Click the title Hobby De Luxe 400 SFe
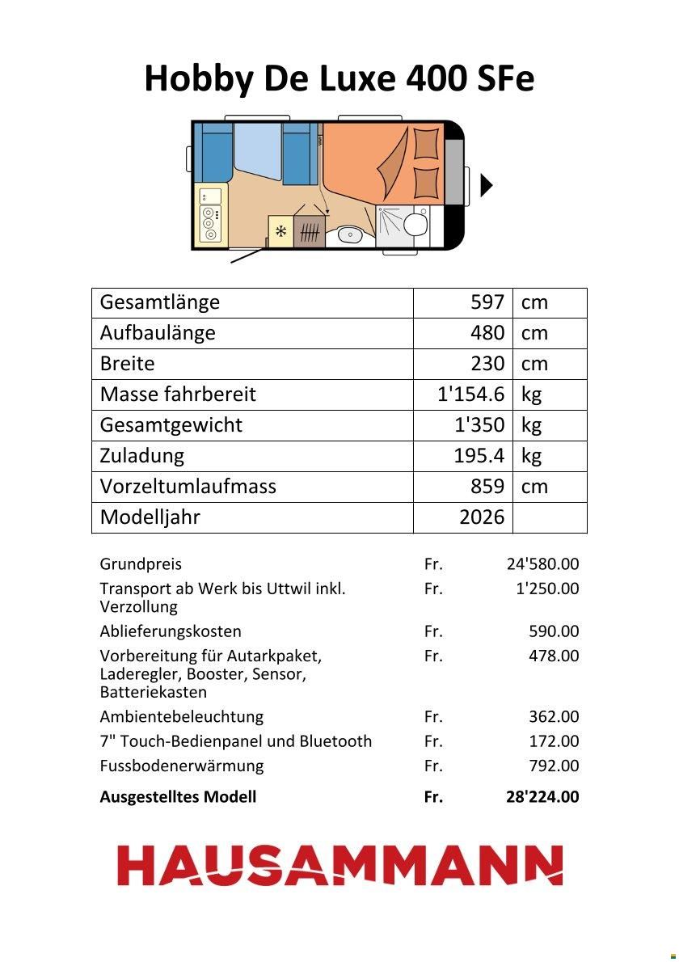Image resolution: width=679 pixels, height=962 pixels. [x=339, y=79]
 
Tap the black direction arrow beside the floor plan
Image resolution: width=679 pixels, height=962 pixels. [x=486, y=185]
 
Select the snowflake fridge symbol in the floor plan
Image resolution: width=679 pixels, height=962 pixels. [x=281, y=232]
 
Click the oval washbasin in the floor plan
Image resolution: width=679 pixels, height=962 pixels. [x=350, y=235]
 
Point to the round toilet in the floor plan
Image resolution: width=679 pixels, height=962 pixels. [x=417, y=223]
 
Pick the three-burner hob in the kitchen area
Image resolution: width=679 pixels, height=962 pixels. [x=210, y=224]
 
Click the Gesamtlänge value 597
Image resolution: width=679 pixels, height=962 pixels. [x=487, y=302]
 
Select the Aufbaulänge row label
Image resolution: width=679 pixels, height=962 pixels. [x=158, y=333]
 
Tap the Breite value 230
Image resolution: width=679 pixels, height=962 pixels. [x=487, y=364]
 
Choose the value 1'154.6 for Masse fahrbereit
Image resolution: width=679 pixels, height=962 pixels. [x=470, y=395]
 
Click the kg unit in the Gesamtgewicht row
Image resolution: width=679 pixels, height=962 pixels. [x=531, y=425]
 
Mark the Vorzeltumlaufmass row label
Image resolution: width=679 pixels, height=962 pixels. [x=188, y=487]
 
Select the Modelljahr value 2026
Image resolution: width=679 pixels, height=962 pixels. [x=482, y=517]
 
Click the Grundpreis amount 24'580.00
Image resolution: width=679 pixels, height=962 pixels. [x=542, y=564]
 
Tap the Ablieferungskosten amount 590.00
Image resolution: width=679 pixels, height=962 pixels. [x=554, y=631]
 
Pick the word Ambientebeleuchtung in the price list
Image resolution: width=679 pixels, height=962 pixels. [x=182, y=717]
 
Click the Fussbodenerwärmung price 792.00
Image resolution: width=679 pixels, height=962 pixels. [x=554, y=766]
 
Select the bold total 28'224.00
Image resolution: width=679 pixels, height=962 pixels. [x=542, y=797]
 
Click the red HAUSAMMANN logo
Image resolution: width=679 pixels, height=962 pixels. [x=339, y=865]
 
